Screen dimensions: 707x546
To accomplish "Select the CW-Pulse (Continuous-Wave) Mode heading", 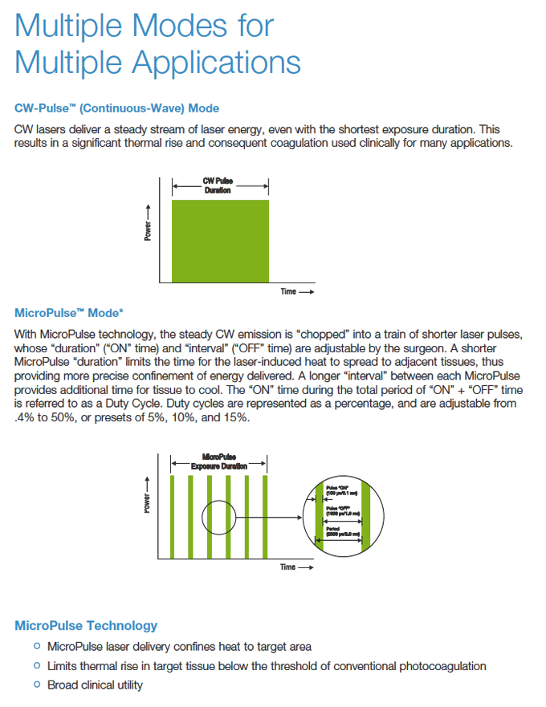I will pyautogui.click(x=116, y=108).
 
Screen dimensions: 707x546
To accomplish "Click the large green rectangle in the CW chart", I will pyautogui.click(x=220, y=240).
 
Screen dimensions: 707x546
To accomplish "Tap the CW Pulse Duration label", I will pyautogui.click(x=217, y=185).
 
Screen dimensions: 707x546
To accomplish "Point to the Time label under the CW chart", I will pyautogui.click(x=288, y=291).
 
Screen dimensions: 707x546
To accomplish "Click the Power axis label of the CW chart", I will pyautogui.click(x=148, y=230).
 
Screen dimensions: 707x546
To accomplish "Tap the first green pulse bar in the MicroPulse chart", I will pyautogui.click(x=172, y=515).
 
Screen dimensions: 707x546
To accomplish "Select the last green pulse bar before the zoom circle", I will pyautogui.click(x=266, y=515).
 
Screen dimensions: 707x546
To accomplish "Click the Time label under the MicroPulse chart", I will pyautogui.click(x=288, y=567).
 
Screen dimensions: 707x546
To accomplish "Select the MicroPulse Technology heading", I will pyautogui.click(x=86, y=625).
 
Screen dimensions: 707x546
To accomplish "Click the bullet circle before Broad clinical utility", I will pyautogui.click(x=36, y=685).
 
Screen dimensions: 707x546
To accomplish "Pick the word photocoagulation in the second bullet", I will pyautogui.click(x=440, y=666).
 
